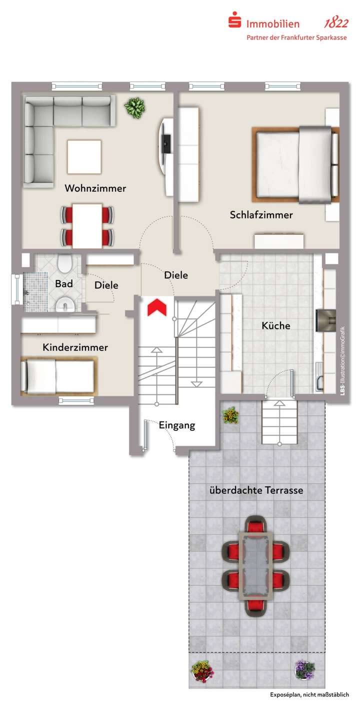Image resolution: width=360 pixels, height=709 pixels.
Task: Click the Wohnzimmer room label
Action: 95,188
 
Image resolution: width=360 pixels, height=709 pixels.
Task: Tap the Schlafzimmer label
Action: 261,215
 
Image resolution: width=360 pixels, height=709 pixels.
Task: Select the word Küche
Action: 275,325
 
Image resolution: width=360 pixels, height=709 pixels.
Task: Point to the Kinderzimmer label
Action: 75,347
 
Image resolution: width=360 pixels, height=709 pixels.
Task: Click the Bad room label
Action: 63,284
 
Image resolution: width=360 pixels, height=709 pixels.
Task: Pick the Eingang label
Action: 176,426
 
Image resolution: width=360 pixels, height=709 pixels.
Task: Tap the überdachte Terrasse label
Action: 256,490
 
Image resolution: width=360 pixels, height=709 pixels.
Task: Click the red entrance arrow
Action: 157,307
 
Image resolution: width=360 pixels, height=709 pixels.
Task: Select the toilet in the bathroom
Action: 65,263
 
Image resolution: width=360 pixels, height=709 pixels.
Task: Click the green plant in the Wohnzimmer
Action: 134,106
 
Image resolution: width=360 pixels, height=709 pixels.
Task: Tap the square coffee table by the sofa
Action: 84,156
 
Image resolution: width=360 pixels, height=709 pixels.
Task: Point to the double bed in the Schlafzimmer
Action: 295,164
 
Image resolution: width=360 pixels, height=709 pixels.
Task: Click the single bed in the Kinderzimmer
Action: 57,376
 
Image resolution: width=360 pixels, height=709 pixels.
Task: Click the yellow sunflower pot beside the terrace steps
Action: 230,415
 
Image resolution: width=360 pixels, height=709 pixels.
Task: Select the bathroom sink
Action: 65,304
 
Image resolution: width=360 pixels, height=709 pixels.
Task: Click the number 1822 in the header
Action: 336,23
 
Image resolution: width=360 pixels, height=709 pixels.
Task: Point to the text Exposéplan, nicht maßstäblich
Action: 309,695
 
